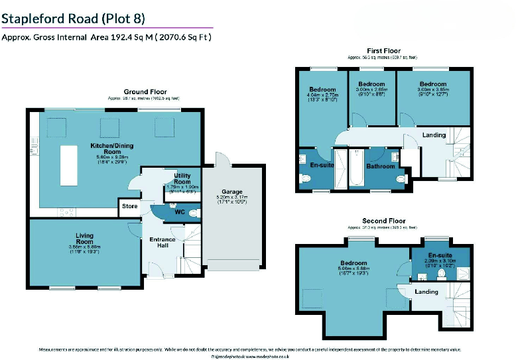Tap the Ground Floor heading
click(145, 92)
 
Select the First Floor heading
click(384, 51)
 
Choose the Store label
click(130, 206)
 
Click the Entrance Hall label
click(162, 243)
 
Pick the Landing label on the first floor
click(434, 135)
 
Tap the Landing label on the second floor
click(426, 292)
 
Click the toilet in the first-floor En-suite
click(306, 178)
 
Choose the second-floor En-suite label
click(440, 255)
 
